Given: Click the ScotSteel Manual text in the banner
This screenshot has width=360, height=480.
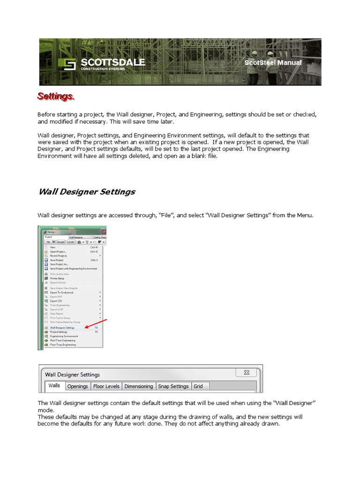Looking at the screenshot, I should (x=273, y=63).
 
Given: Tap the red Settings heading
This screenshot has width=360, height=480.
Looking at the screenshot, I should (x=55, y=96).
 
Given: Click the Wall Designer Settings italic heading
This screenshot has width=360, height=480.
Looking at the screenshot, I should (x=86, y=191).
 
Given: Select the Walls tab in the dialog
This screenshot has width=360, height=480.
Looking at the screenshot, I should (x=54, y=386).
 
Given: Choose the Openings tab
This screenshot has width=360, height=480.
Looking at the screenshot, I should (x=77, y=386).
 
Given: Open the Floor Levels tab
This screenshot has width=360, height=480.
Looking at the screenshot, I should (x=106, y=386).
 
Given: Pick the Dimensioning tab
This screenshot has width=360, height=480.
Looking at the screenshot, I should (x=139, y=386).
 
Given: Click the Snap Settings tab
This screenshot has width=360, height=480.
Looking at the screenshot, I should (x=173, y=386).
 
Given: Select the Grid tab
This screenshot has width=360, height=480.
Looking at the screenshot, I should (x=198, y=386).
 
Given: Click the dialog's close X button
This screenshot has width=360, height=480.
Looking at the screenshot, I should (x=247, y=373).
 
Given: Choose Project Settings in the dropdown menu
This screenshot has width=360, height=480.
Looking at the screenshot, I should (x=59, y=332).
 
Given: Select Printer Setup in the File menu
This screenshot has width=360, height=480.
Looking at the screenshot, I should (x=57, y=278).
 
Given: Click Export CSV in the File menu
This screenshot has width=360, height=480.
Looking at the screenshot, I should (x=56, y=301).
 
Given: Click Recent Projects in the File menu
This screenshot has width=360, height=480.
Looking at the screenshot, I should (x=59, y=256).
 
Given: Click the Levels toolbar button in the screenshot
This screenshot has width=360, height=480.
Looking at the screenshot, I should (x=70, y=242).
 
